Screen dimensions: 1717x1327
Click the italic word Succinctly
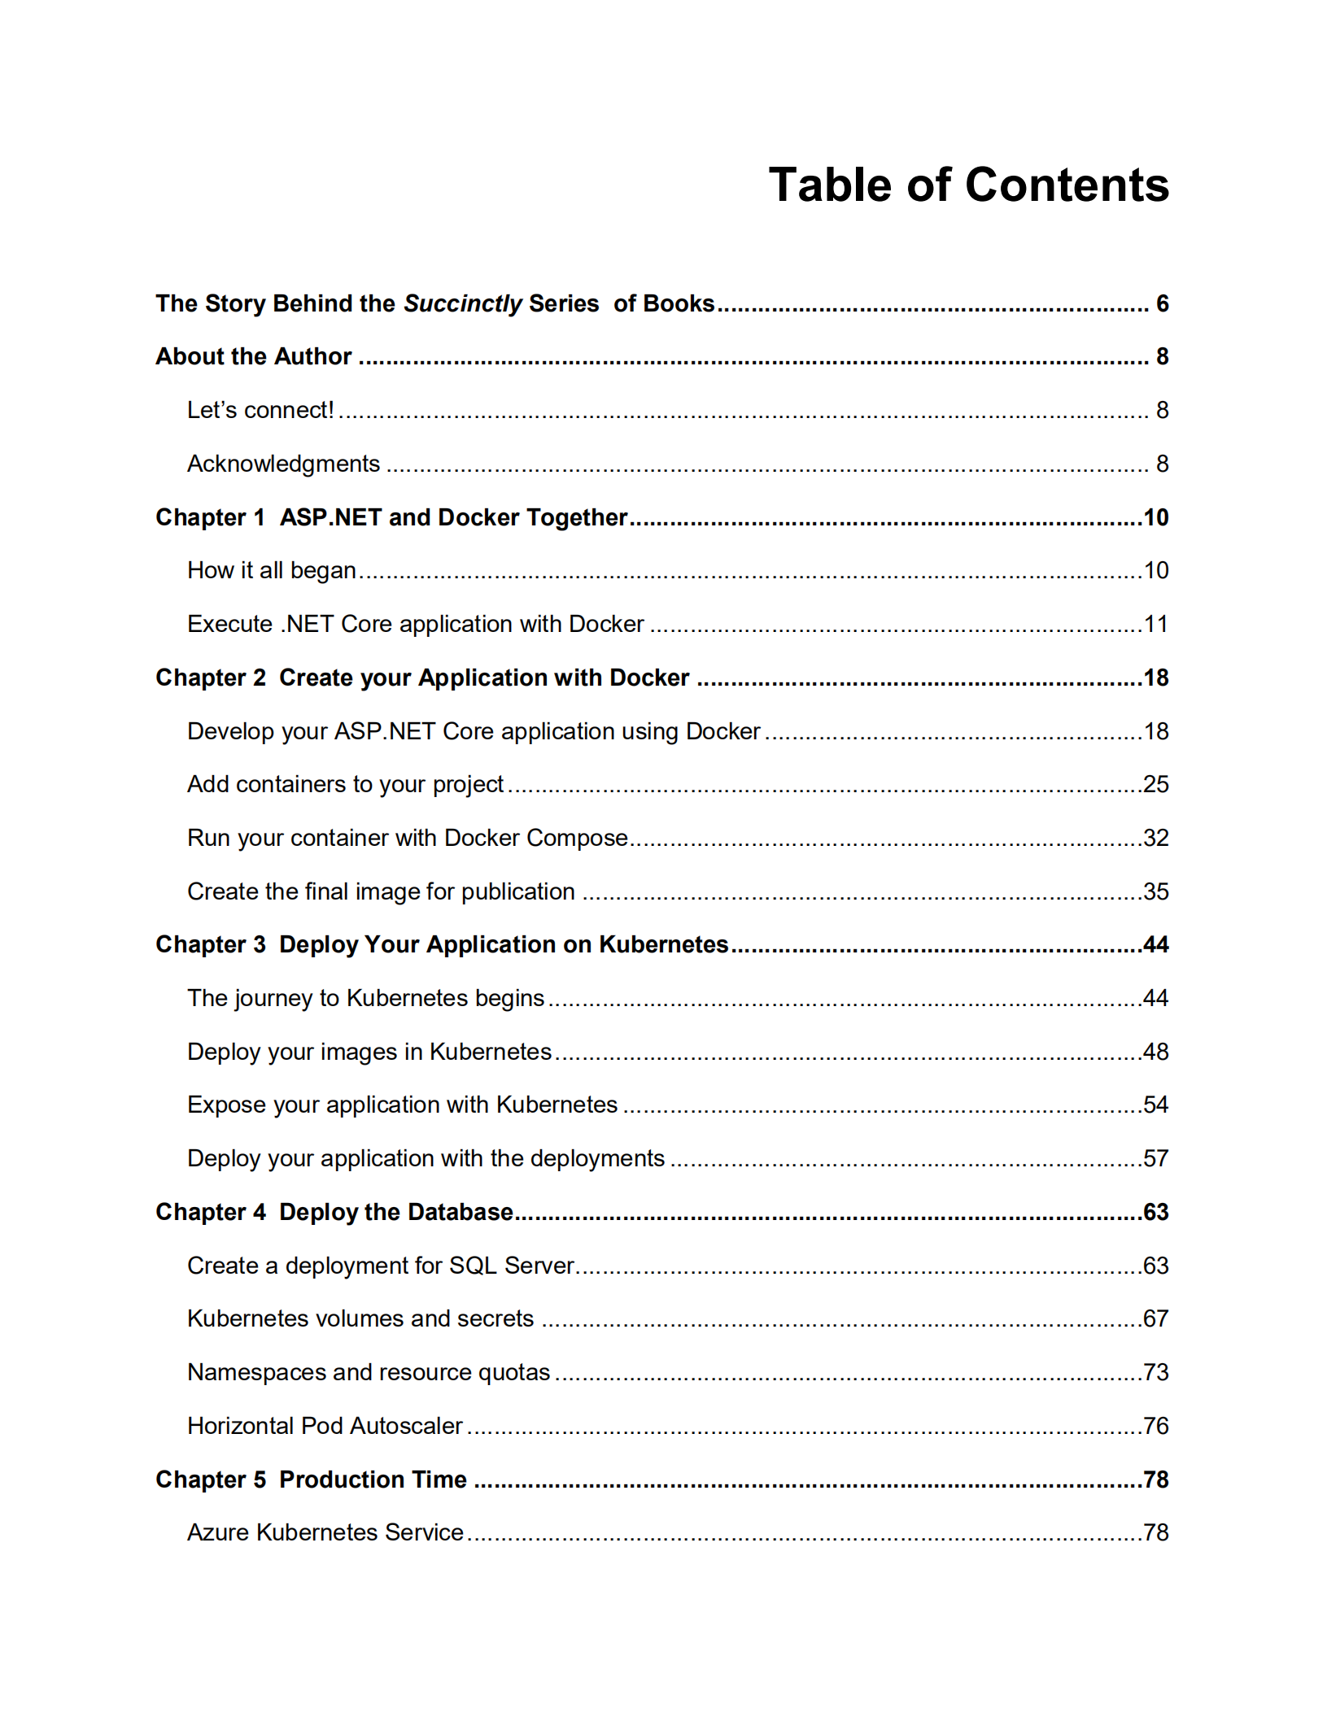point(462,304)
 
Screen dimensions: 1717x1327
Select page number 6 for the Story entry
point(1162,304)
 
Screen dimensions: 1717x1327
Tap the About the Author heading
point(253,356)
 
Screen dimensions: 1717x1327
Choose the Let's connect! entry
point(260,410)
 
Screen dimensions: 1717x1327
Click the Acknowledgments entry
point(283,464)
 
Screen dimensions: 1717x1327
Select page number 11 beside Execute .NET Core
point(1155,624)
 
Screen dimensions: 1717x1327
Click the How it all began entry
point(272,570)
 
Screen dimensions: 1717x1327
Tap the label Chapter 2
point(211,678)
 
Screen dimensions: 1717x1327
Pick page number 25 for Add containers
point(1155,784)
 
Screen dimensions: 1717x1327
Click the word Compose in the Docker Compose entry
point(577,838)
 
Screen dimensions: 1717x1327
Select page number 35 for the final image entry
point(1155,891)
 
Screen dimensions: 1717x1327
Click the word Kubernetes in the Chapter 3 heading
point(663,944)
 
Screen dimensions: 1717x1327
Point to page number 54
point(1155,1105)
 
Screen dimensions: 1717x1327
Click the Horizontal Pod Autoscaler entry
point(325,1426)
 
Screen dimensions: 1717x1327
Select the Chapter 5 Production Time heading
point(311,1479)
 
